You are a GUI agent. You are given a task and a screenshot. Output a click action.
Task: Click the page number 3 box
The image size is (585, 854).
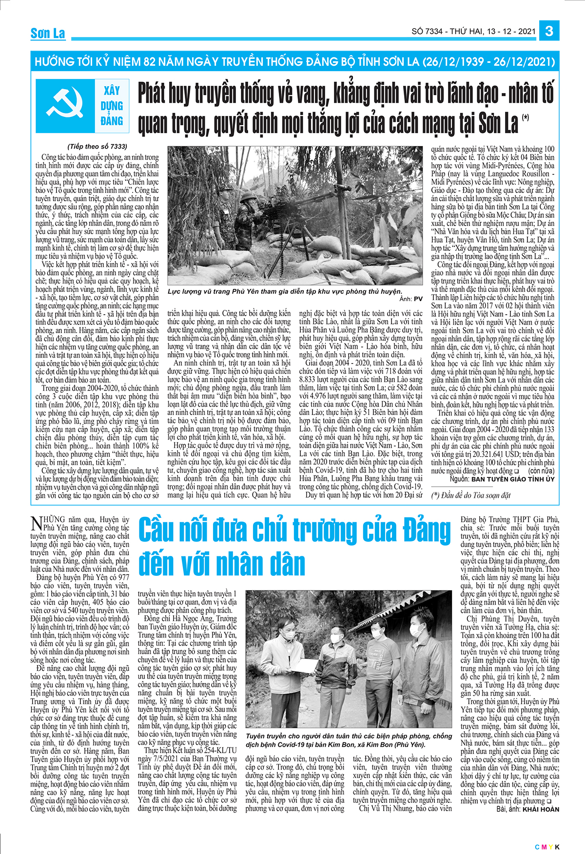pos(549,31)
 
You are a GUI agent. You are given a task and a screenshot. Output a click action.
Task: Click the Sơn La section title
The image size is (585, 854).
pos(48,34)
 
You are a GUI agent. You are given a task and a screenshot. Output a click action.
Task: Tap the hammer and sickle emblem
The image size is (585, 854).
pos(65,105)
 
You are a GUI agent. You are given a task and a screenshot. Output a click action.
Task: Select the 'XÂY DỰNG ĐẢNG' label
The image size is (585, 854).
pos(112,106)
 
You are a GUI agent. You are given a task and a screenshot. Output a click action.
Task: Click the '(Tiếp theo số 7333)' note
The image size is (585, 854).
pos(97,146)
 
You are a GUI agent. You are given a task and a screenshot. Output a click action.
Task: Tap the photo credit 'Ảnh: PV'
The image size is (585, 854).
pos(411,299)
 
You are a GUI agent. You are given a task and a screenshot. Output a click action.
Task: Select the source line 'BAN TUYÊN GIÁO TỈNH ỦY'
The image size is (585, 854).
pos(513,479)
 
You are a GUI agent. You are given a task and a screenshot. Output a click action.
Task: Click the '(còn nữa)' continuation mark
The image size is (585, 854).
pos(541,471)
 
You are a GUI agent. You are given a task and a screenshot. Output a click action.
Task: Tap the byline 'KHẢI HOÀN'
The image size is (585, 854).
pos(541,809)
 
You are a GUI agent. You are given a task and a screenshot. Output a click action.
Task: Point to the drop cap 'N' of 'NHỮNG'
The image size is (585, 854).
pos(36,524)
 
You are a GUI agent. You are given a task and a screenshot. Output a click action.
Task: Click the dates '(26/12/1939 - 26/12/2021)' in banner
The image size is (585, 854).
pos(489,62)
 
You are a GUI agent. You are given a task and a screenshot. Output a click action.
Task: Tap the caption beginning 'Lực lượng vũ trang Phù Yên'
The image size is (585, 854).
pos(285,291)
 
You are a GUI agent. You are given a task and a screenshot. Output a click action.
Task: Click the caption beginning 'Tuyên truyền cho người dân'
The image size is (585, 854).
pos(349,740)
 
